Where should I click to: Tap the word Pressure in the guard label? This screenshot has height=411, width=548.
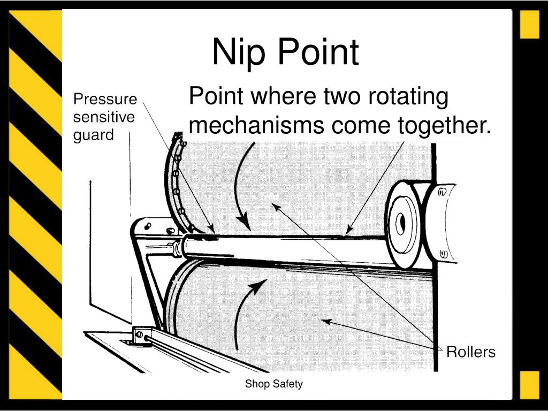click(105, 100)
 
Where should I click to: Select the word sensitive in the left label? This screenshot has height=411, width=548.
click(104, 117)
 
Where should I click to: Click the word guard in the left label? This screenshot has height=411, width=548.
click(94, 135)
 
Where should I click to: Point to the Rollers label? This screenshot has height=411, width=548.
click(471, 352)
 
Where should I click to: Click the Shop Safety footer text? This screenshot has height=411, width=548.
click(274, 384)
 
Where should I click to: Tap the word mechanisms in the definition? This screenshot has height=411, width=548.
click(257, 126)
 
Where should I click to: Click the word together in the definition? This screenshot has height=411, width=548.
click(444, 126)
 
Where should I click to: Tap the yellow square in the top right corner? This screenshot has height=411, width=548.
click(529, 25)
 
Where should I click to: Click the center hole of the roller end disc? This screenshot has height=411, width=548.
click(402, 225)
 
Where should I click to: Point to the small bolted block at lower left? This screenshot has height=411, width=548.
click(141, 336)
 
